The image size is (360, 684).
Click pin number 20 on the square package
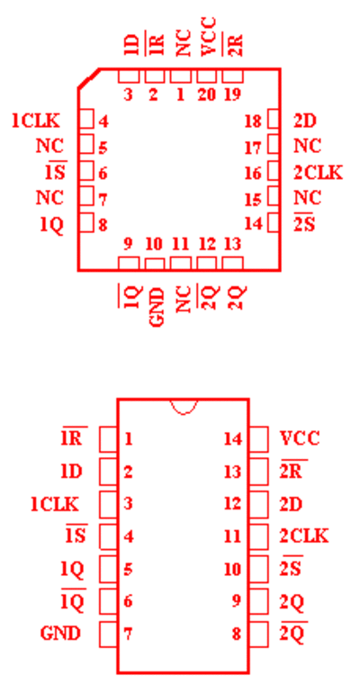tap(206, 95)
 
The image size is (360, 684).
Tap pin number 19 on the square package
tap(232, 95)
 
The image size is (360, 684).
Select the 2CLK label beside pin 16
tap(318, 173)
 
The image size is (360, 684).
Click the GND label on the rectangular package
tap(60, 634)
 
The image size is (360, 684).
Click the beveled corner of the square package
tap(89, 78)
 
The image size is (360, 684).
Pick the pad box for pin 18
tap(274, 119)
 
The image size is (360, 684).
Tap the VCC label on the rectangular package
tap(300, 438)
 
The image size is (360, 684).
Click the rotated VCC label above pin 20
tap(208, 37)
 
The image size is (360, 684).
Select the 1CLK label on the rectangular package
tap(55, 504)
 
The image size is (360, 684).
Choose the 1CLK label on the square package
tap(36, 121)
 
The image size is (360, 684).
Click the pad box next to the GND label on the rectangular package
tap(108, 634)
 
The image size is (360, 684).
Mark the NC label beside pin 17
tap(307, 146)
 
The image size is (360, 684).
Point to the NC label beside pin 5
tap(49, 146)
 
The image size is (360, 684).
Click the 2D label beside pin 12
tap(291, 504)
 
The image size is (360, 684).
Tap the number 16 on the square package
tap(253, 174)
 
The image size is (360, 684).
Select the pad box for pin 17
tap(274, 144)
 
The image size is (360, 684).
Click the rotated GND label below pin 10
tap(157, 307)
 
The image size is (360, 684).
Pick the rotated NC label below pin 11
tap(184, 299)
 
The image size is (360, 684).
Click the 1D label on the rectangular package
tap(72, 471)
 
